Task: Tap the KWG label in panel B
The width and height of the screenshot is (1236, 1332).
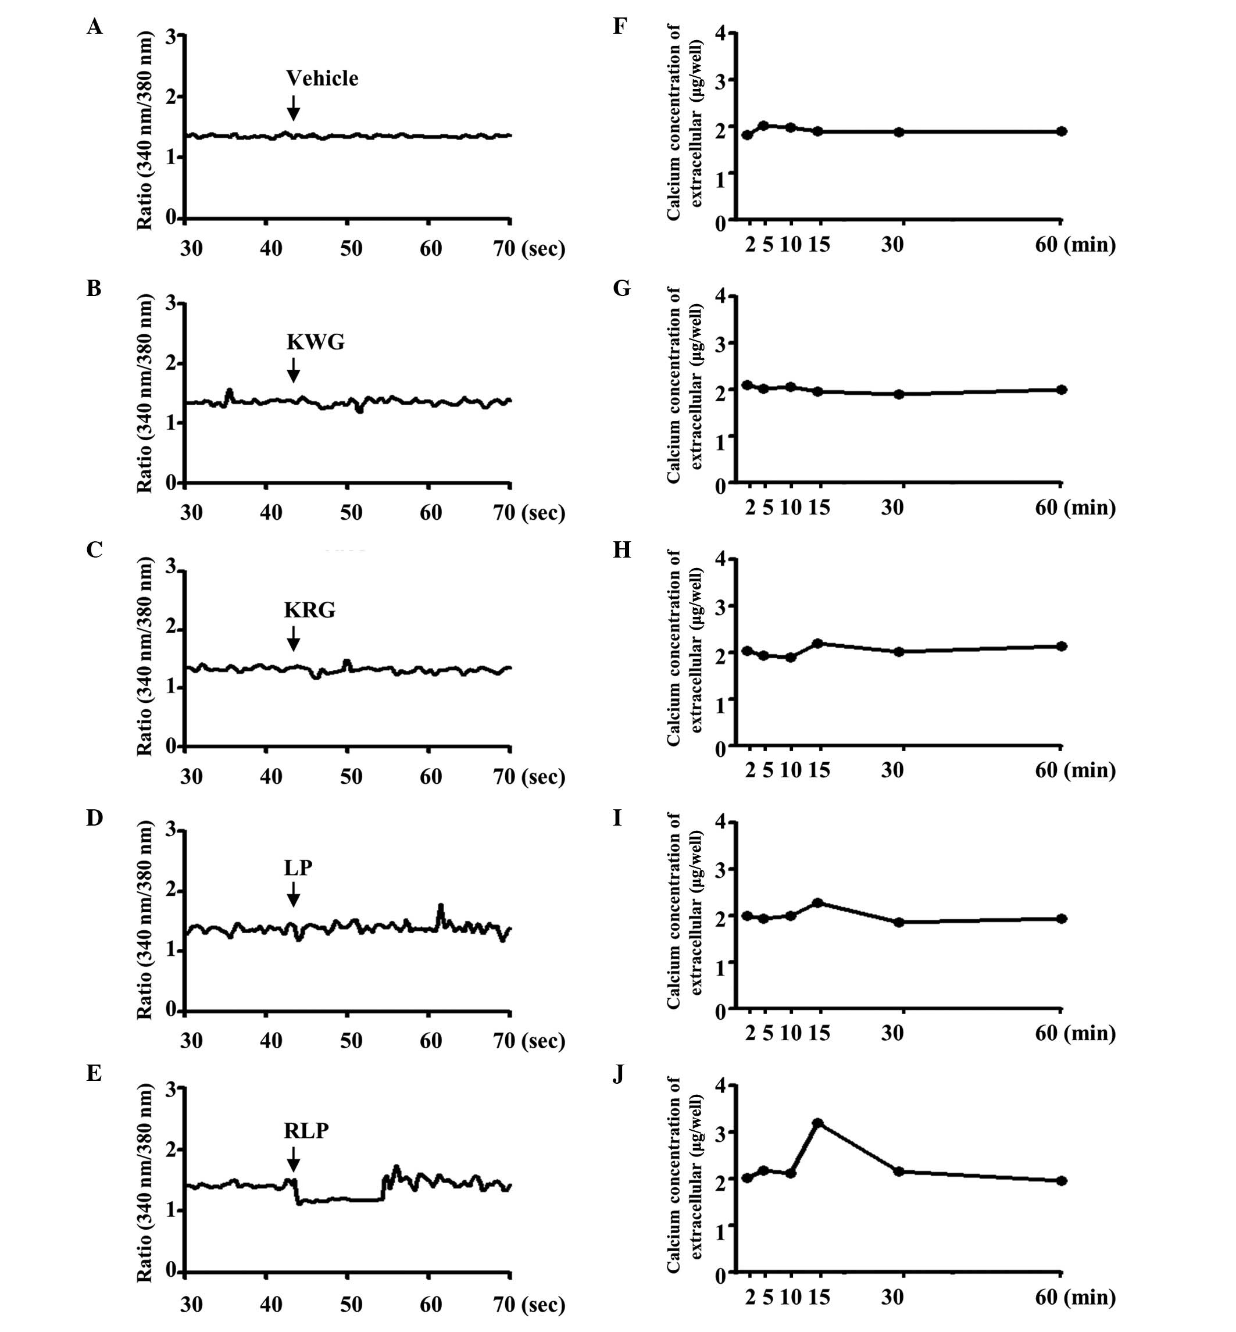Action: coord(315,342)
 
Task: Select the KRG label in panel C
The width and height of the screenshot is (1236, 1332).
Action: coord(309,609)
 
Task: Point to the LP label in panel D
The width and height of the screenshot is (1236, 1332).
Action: coord(298,867)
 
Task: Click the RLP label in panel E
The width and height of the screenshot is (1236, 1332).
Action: coord(306,1131)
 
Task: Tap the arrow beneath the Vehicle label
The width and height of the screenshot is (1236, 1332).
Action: coord(293,107)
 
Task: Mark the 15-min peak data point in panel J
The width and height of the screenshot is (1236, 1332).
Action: coord(817,1123)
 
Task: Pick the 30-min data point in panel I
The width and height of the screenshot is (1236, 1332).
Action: coord(899,922)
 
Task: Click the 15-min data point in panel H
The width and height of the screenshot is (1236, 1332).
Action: coord(817,643)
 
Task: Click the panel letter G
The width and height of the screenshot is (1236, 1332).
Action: coord(621,288)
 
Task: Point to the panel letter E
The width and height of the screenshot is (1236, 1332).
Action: coord(94,1074)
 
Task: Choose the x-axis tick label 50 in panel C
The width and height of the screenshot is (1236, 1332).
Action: coord(351,776)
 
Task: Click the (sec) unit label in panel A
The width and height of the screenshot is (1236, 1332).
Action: coord(542,249)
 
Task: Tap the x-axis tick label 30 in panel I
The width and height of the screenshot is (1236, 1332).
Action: coord(892,1033)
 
